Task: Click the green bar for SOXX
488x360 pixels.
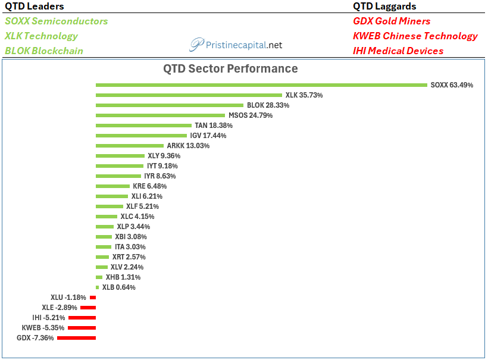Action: coord(261,85)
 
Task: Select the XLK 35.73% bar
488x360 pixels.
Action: coord(189,95)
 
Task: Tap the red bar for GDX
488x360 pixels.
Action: coord(77,338)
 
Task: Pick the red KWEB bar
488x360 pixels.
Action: coord(82,328)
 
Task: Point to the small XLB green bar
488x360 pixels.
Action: coord(98,287)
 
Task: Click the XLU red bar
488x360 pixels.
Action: coord(93,298)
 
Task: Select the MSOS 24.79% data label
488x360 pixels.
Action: coord(251,115)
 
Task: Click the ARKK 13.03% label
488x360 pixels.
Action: coord(188,146)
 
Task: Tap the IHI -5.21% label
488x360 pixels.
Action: coord(49,318)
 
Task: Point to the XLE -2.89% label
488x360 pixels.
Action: coord(60,308)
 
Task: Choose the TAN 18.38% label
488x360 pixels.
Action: coord(214,126)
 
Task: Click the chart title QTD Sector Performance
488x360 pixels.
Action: coord(231,68)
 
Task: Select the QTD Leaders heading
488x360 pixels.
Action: coord(35,6)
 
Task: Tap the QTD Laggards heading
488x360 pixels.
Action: coord(384,6)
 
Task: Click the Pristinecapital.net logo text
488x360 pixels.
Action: coord(243,45)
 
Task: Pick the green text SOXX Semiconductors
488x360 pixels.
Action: coord(57,21)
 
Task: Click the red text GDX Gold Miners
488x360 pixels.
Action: coord(392,21)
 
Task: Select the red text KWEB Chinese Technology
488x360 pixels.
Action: coord(415,36)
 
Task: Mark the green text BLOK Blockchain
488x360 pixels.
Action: coord(44,51)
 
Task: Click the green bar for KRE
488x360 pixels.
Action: coord(112,186)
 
